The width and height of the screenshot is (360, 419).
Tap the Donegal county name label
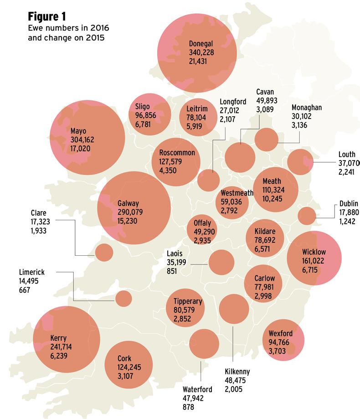point(201,44)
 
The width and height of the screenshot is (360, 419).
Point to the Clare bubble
point(104,252)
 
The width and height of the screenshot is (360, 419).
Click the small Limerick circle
point(123,298)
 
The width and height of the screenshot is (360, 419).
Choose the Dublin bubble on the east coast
point(307,216)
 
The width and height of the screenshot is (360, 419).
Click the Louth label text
point(347,155)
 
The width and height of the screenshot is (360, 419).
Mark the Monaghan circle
point(266,140)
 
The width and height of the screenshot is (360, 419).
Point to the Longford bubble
point(209,180)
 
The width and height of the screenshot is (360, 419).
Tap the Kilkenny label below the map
point(237,372)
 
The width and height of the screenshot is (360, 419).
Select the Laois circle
point(221,262)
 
